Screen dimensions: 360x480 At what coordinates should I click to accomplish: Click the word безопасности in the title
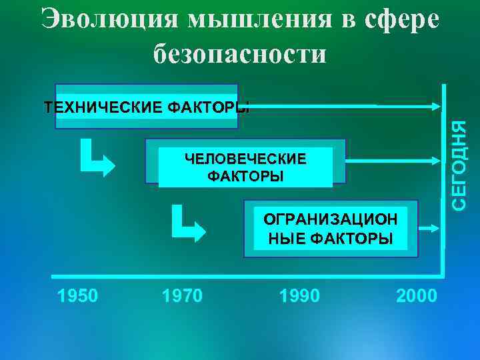(240, 53)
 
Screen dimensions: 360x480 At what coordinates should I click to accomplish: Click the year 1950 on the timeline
(78, 295)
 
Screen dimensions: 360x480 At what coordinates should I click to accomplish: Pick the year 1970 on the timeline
(183, 295)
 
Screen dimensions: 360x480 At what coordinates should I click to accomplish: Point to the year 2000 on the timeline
(417, 295)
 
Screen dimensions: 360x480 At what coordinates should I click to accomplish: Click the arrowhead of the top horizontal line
(434, 105)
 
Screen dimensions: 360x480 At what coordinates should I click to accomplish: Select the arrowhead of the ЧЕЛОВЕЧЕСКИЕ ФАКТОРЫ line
(434, 161)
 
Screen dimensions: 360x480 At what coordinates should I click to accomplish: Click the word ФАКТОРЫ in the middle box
(245, 177)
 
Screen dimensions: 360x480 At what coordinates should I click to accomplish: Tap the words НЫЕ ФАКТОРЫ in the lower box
(331, 239)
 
